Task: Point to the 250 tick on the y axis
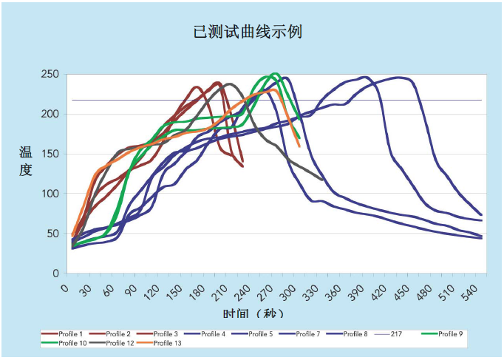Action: click(50, 75)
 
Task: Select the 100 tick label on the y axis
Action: click(50, 194)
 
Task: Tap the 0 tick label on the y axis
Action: click(55, 274)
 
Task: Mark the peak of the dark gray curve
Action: click(230, 84)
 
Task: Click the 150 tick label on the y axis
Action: click(50, 154)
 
